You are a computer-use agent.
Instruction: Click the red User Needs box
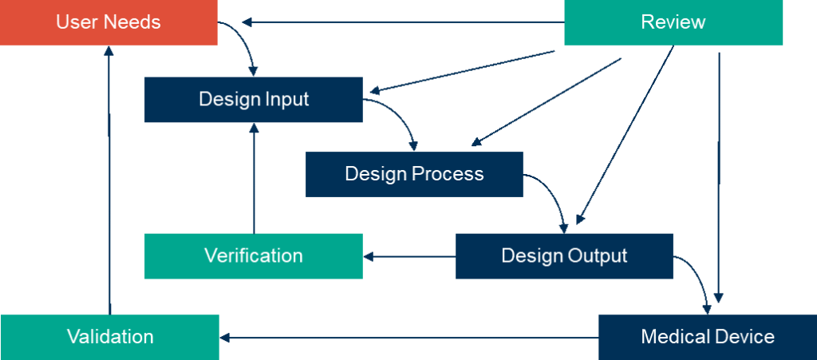click(109, 22)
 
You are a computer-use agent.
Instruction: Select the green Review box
click(673, 22)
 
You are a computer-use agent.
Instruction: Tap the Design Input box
click(253, 100)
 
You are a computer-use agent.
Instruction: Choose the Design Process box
click(414, 174)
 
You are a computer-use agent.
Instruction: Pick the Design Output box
click(563, 256)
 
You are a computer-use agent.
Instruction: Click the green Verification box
click(253, 256)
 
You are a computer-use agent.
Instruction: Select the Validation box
click(109, 337)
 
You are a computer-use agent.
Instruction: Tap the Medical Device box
click(707, 337)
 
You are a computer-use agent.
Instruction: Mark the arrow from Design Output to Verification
click(408, 256)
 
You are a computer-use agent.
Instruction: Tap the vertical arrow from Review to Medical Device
click(719, 176)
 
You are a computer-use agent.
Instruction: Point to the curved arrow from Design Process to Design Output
click(551, 192)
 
